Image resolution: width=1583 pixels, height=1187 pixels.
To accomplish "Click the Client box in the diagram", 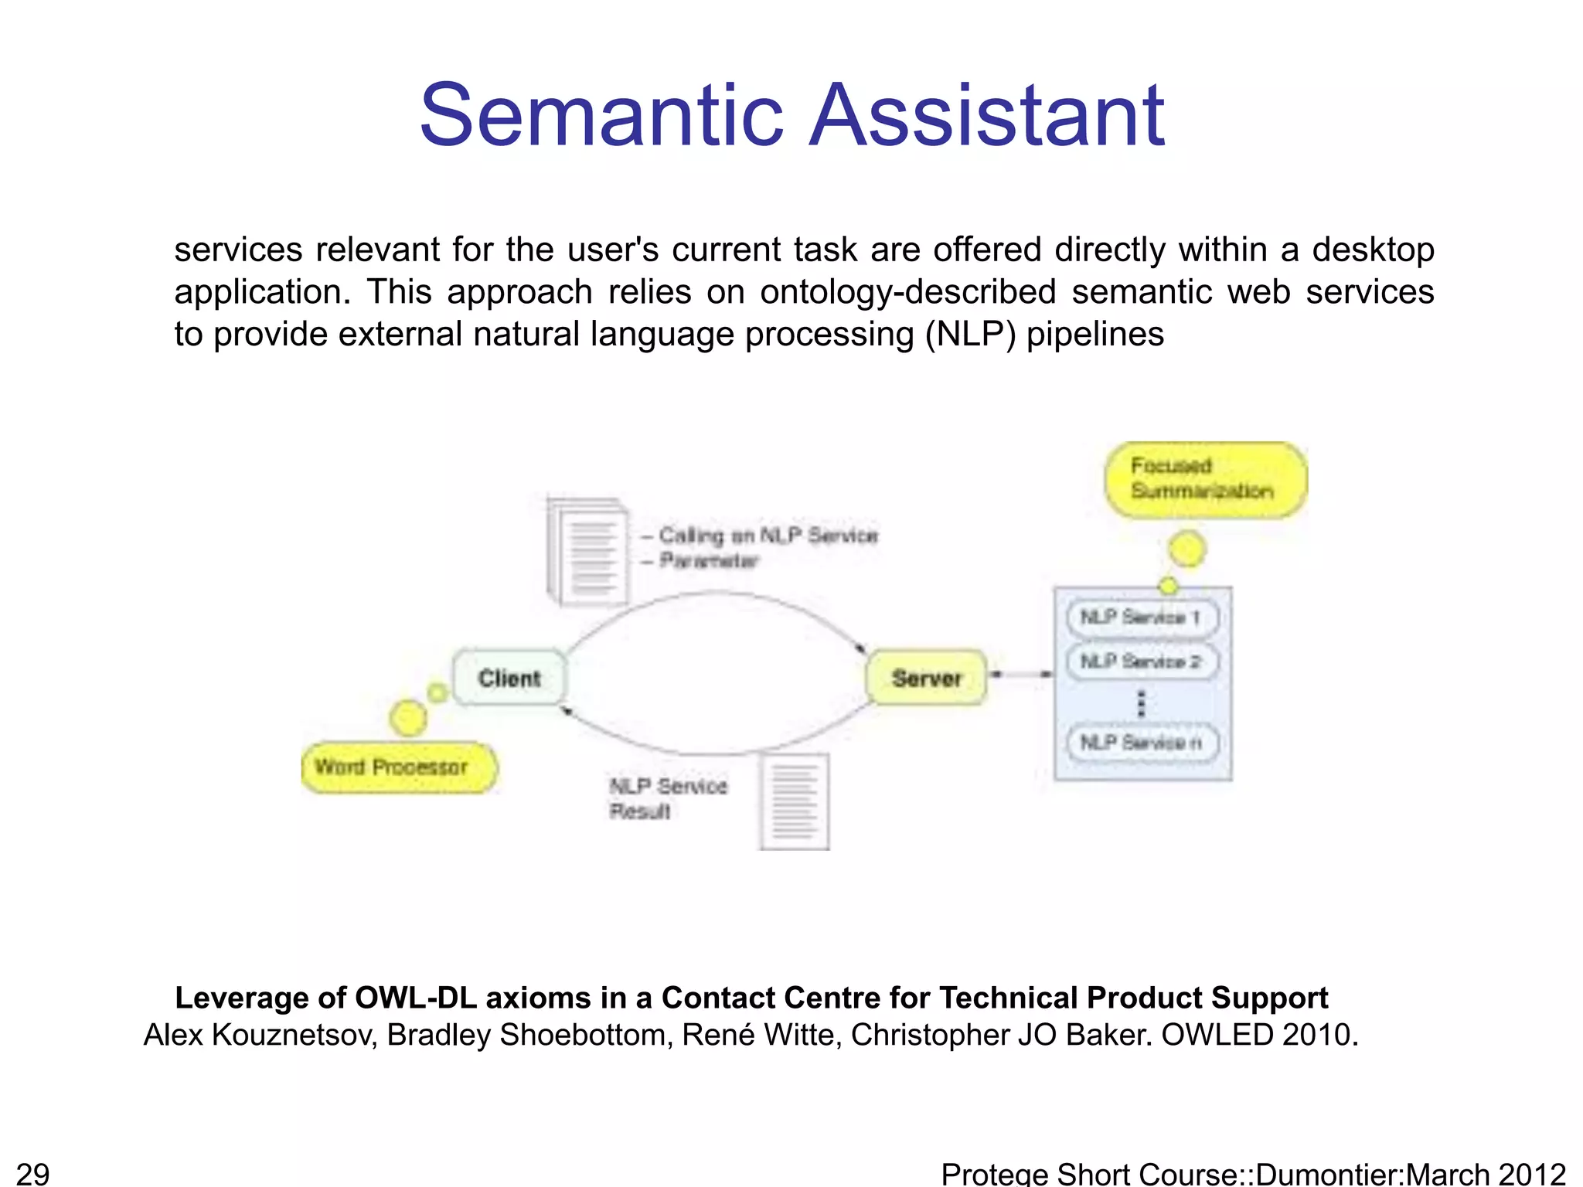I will point(509,678).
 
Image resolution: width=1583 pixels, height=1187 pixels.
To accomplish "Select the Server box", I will point(927,678).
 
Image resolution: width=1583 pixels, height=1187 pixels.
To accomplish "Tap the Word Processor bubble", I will point(398,767).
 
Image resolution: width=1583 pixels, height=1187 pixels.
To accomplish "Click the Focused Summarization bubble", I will point(1204,479).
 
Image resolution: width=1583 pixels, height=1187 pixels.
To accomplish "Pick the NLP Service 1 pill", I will point(1141,617).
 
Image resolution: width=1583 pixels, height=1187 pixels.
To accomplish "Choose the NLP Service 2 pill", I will point(1141,662).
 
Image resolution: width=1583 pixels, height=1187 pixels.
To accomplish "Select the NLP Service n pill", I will point(1141,743).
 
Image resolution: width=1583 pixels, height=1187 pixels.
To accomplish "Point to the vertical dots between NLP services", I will point(1141,703).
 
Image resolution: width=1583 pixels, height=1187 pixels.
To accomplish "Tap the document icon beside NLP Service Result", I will point(795,802).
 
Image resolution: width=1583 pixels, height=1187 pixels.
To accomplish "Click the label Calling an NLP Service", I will point(768,536).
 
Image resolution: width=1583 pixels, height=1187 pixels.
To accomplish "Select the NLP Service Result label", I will point(668,798).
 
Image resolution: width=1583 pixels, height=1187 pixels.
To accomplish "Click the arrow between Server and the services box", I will point(1021,675).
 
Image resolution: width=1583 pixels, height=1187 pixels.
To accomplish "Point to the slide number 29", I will point(32,1173).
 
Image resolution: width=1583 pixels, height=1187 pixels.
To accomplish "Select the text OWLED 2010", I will point(1258,1035).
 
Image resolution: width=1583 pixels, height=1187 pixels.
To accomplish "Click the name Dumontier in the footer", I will point(1329,1173).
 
